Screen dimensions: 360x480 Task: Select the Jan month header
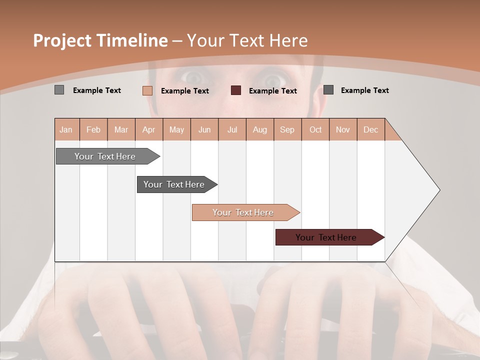pyautogui.click(x=66, y=129)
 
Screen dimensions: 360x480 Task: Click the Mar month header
pyautogui.click(x=121, y=129)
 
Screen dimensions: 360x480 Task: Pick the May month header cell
pyautogui.click(x=176, y=129)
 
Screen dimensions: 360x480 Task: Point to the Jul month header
pyautogui.click(x=232, y=129)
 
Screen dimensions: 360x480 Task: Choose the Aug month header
pyautogui.click(x=259, y=129)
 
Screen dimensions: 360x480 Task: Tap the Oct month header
pyautogui.click(x=315, y=129)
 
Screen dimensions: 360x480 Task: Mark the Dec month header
pyautogui.click(x=370, y=129)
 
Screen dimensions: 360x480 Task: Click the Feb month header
pyautogui.click(x=93, y=129)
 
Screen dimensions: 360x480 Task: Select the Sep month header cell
pyautogui.click(x=287, y=129)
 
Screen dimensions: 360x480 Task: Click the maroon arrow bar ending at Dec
pyautogui.click(x=327, y=237)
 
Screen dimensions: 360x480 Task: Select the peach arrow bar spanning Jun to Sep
pyautogui.click(x=244, y=212)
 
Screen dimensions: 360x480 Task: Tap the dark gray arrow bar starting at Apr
pyautogui.click(x=175, y=184)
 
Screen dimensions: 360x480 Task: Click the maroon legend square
pyautogui.click(x=236, y=90)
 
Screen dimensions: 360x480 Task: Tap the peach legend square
pyautogui.click(x=147, y=90)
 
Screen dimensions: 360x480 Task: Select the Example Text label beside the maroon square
pyautogui.click(x=272, y=90)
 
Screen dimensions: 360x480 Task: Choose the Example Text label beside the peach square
pyautogui.click(x=184, y=90)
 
